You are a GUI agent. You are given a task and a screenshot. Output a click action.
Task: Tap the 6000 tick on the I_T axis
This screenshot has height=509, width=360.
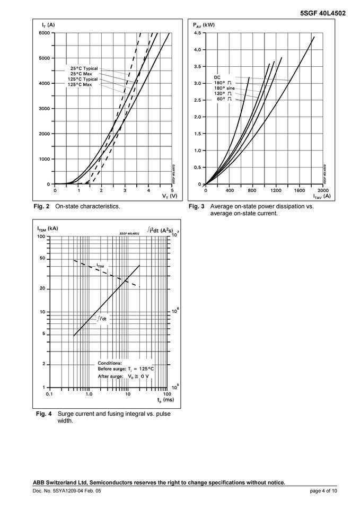point(44,33)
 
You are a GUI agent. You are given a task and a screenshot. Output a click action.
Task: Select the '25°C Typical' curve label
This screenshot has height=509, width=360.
point(84,68)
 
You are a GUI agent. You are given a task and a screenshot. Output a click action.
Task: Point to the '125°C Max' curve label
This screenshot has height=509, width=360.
point(80,84)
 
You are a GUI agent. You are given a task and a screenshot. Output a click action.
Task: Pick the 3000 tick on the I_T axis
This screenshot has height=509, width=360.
point(44,109)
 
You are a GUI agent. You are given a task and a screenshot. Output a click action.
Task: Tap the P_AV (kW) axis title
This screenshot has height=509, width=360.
point(204,25)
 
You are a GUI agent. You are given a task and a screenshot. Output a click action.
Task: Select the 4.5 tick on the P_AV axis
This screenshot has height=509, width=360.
point(196,33)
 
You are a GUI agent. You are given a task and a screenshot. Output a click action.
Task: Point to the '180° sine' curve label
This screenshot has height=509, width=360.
point(224,88)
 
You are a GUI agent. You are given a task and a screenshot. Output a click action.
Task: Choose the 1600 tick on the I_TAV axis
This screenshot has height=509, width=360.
point(300,190)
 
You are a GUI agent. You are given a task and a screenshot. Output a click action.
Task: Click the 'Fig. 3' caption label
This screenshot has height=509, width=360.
point(197,206)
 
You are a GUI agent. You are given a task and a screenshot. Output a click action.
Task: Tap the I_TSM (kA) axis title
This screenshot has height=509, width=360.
point(47,229)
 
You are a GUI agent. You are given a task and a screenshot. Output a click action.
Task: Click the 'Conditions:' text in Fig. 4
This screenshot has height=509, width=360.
point(110,363)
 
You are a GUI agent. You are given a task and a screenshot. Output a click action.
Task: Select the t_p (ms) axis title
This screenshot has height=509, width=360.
point(165,399)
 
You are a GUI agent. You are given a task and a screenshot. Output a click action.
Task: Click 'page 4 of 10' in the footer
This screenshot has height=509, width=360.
point(323,492)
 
